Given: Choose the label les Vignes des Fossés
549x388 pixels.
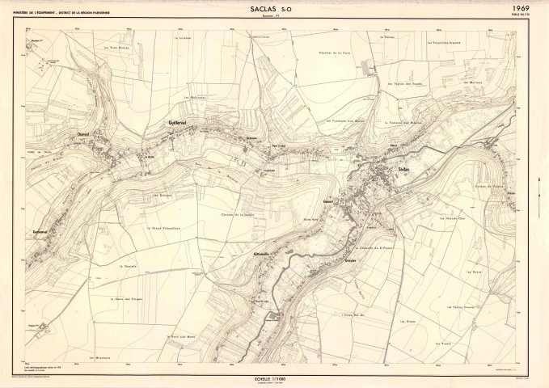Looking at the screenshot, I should (406, 83).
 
